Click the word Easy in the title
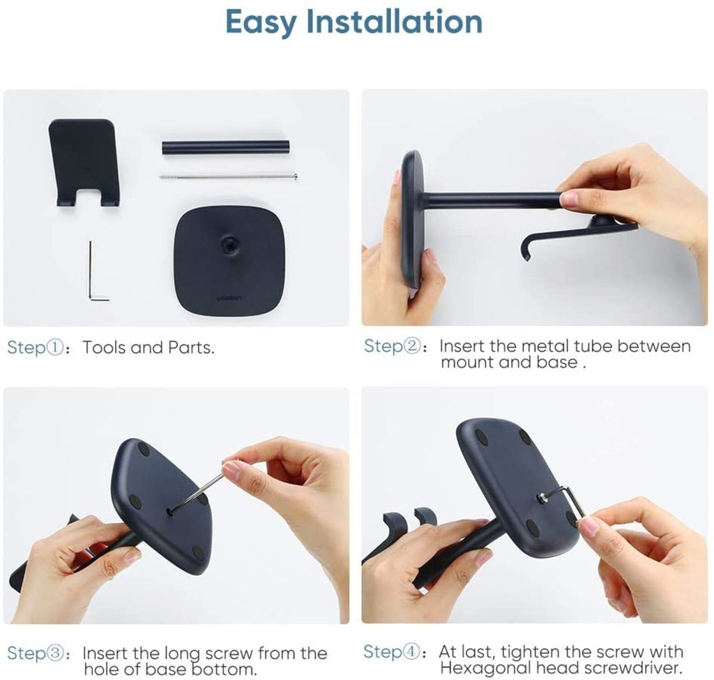261,22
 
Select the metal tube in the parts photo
226,149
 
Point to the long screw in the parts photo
228,176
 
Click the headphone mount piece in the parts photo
84,163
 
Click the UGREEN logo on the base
229,299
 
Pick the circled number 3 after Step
54,653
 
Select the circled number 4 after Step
411,652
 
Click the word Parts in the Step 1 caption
190,347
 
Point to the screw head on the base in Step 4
542,498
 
